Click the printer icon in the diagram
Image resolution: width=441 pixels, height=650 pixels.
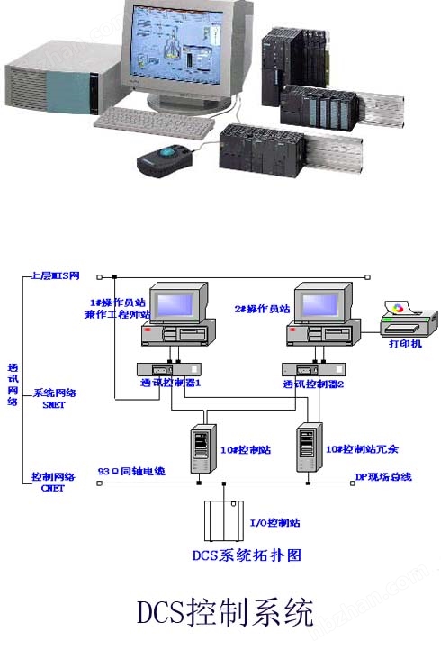click(409, 320)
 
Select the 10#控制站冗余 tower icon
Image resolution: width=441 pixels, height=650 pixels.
click(309, 448)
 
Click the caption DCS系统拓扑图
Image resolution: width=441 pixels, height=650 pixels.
click(247, 555)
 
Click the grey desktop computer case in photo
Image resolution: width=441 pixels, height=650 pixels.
click(54, 86)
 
